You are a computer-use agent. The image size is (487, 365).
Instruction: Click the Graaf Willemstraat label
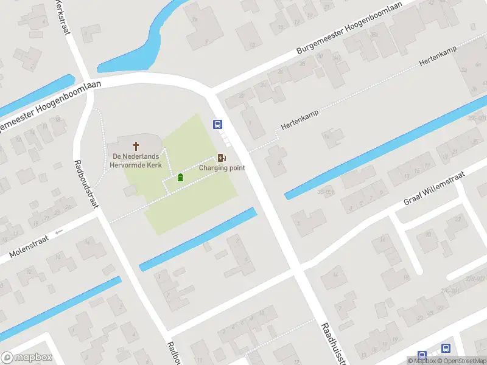click(434, 188)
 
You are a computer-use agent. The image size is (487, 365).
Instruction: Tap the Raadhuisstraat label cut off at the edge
click(335, 344)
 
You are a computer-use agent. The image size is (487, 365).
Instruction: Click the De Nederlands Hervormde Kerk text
click(135, 161)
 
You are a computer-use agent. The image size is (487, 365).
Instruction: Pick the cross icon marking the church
click(135, 146)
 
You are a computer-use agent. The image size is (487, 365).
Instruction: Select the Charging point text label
click(222, 168)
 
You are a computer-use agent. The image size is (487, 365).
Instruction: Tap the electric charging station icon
click(222, 158)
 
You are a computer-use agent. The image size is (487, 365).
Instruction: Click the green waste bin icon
click(180, 178)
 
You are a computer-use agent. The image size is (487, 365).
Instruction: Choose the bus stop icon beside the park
click(217, 124)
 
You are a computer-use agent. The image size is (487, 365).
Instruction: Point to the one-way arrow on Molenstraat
click(59, 232)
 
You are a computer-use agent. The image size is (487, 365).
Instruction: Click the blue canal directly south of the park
click(198, 239)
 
